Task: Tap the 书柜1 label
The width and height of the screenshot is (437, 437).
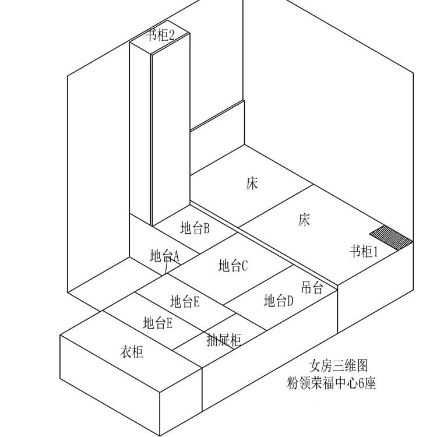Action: click(364, 252)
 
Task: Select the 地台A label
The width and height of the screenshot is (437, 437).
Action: click(165, 255)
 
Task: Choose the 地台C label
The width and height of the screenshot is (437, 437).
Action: click(234, 266)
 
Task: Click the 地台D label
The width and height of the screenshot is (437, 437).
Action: click(279, 301)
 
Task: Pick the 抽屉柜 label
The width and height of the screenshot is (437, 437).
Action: click(224, 340)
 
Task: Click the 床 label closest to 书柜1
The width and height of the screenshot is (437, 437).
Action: click(304, 220)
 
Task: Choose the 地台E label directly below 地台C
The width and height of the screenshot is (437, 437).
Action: click(185, 301)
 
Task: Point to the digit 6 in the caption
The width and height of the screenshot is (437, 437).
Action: click(366, 383)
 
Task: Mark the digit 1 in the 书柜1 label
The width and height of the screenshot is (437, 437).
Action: click(376, 252)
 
